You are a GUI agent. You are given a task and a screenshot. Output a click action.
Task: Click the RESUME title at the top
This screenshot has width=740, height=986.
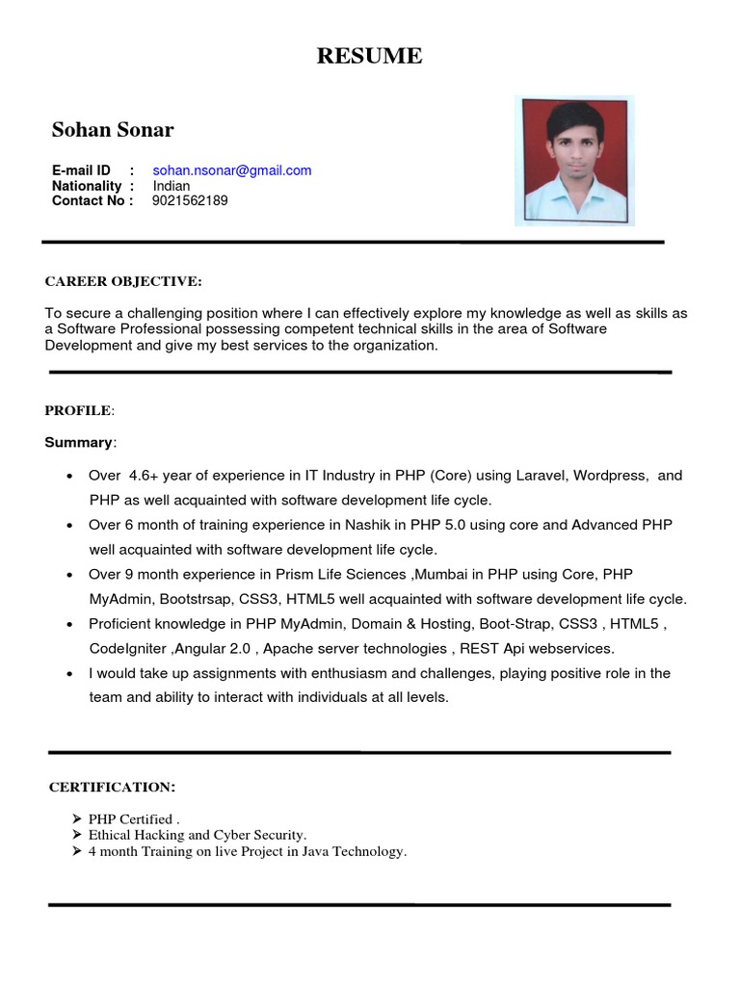tap(370, 56)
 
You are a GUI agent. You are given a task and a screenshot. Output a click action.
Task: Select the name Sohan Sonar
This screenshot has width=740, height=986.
tap(113, 130)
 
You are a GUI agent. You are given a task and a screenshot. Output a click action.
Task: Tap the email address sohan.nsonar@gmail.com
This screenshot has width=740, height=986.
tap(232, 170)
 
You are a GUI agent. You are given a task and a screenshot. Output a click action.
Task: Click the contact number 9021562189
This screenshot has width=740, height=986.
tap(190, 201)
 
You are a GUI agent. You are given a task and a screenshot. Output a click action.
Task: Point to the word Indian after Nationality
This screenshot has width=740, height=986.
tap(172, 186)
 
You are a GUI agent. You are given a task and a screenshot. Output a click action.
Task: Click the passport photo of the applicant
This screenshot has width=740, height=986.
tap(575, 161)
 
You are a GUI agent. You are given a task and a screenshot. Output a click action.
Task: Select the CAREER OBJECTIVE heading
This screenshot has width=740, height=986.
tap(123, 281)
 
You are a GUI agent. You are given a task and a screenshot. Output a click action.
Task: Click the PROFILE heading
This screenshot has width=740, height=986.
tap(78, 411)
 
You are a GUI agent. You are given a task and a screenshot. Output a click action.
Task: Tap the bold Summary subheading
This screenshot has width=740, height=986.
tap(78, 442)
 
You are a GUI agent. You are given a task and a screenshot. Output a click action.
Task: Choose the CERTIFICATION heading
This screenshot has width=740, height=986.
tap(112, 788)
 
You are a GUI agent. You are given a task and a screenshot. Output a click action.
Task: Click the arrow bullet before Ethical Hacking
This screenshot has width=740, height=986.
tap(77, 836)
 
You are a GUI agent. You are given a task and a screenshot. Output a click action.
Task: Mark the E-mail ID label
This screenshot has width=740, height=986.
tap(82, 170)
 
